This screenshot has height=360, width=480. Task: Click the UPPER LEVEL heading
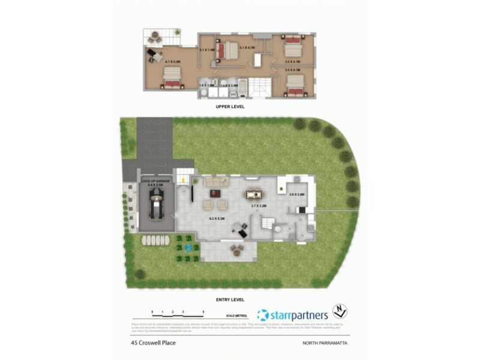click(x=230, y=107)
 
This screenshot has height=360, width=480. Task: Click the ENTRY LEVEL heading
click(x=230, y=298)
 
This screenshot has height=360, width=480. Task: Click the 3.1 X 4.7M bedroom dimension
click(x=247, y=47)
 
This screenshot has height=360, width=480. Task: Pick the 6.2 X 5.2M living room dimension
click(x=216, y=219)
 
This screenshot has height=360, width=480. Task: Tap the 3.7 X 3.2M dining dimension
click(x=259, y=206)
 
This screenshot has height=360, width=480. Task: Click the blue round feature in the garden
click(x=188, y=247)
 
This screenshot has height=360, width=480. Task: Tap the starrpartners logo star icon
click(x=263, y=315)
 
